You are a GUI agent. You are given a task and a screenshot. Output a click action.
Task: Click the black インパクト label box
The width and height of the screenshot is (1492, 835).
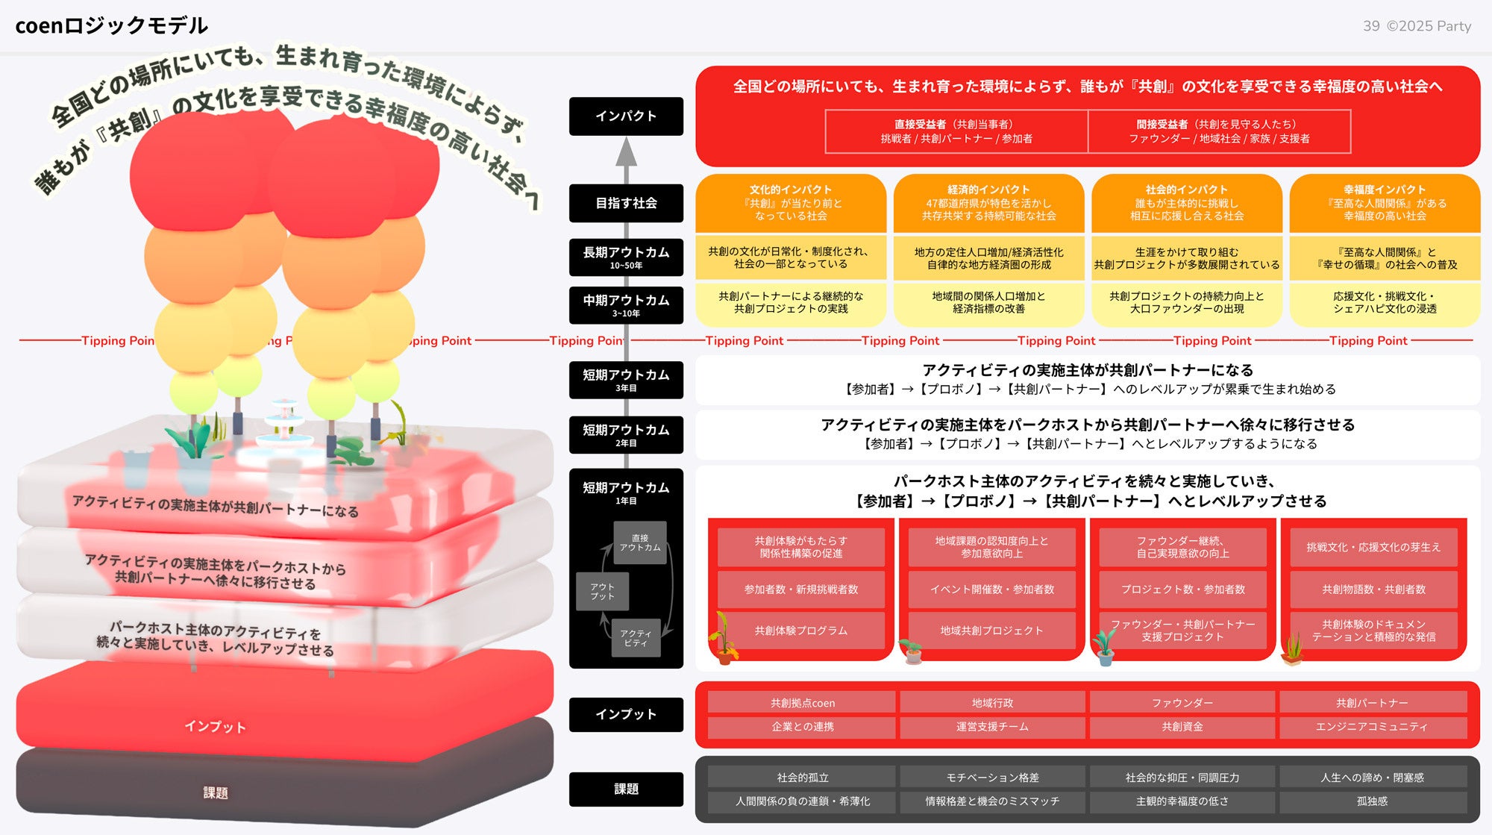click(x=626, y=116)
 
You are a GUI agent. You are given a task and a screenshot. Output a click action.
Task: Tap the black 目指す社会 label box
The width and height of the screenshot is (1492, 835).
click(x=626, y=203)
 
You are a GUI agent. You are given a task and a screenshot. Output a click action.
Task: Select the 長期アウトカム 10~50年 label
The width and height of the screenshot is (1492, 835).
click(x=626, y=257)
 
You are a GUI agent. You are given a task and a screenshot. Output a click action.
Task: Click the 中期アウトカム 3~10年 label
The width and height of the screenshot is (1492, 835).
click(x=626, y=305)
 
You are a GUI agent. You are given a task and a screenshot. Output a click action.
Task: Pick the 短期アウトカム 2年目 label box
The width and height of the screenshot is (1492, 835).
click(x=626, y=435)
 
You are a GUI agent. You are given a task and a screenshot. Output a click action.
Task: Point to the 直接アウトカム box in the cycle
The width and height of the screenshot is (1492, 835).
click(x=640, y=542)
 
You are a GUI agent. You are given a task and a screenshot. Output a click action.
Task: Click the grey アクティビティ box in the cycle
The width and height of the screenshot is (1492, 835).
click(x=636, y=638)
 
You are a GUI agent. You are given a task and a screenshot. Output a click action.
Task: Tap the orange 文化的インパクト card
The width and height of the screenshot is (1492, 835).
click(x=791, y=203)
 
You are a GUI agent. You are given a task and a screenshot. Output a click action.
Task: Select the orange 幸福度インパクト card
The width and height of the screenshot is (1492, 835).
click(x=1385, y=203)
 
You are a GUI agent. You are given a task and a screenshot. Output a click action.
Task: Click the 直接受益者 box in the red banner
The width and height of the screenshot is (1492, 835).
click(x=956, y=131)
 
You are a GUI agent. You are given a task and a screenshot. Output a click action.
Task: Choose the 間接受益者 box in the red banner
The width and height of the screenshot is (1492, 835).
click(x=1219, y=131)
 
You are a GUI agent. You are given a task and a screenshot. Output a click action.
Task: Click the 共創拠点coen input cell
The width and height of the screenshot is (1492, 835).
click(x=802, y=703)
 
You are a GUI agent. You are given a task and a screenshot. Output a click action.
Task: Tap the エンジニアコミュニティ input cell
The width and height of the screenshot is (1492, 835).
click(x=1373, y=726)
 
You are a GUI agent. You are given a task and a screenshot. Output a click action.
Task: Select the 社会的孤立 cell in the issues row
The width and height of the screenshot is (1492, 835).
click(x=802, y=778)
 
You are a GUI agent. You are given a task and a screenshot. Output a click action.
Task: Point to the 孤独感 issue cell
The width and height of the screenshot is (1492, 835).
click(x=1373, y=801)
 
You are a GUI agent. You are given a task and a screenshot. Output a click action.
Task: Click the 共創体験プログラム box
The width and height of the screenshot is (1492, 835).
click(x=801, y=631)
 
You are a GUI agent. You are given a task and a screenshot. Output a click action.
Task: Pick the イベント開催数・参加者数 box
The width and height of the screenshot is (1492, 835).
click(x=991, y=589)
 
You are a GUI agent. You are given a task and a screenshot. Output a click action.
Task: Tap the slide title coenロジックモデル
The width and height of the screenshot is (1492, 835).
click(x=112, y=25)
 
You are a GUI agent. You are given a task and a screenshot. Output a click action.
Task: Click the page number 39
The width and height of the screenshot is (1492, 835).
click(x=1371, y=26)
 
